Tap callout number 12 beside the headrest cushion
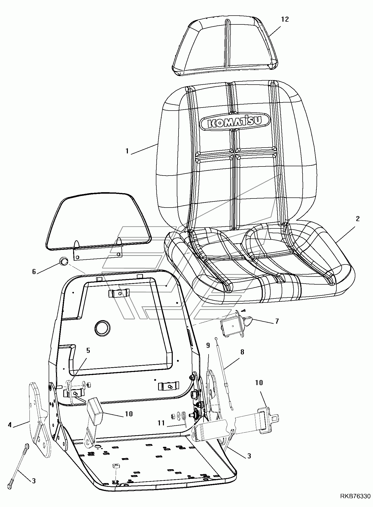[x=285, y=19]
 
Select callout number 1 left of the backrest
[x=127, y=151]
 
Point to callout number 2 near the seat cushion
[x=358, y=219]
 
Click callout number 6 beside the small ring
[x=34, y=272]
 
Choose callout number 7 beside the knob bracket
[x=277, y=321]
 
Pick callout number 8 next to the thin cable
[x=242, y=352]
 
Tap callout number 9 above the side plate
[x=208, y=346]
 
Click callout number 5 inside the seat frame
[x=88, y=350]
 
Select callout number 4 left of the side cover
[x=10, y=425]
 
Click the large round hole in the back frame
[x=102, y=328]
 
